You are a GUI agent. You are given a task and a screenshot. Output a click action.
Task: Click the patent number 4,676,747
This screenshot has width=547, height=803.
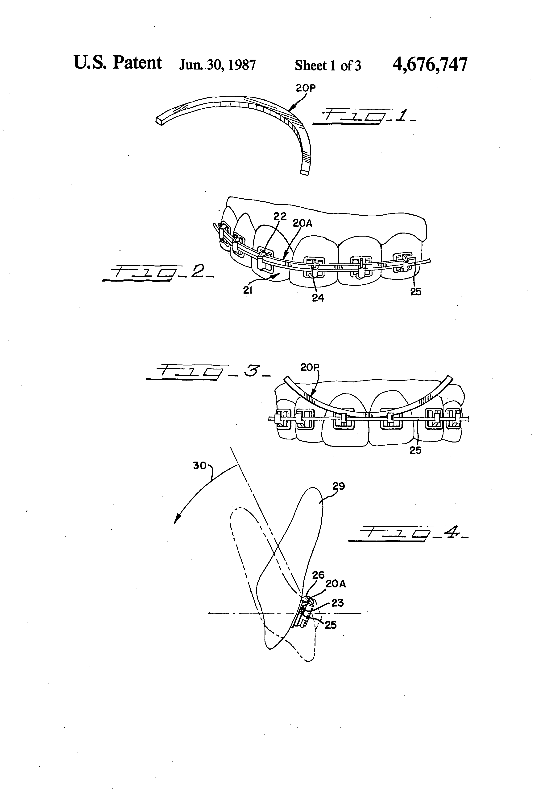430,65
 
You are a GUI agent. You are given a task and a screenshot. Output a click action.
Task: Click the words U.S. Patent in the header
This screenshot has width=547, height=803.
118,63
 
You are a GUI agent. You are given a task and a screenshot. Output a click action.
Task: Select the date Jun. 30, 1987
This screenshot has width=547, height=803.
217,65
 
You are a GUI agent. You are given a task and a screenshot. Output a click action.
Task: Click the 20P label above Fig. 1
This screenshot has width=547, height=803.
306,88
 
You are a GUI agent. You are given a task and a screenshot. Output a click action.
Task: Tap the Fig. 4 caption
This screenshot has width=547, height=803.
408,534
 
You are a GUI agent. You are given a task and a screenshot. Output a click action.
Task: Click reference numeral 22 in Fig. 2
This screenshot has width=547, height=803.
280,217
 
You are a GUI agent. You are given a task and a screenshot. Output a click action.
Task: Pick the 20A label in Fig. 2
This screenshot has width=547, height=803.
303,224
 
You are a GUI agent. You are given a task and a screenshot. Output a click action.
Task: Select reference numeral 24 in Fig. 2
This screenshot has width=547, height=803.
318,298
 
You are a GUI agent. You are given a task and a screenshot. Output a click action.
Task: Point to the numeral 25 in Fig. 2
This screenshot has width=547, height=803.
416,292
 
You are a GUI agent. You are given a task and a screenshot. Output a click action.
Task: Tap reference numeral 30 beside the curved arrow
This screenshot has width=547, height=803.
199,466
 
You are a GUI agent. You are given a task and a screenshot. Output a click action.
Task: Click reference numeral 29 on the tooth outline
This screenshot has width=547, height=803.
339,486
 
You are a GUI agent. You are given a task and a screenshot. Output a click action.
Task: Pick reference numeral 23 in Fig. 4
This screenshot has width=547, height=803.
337,603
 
